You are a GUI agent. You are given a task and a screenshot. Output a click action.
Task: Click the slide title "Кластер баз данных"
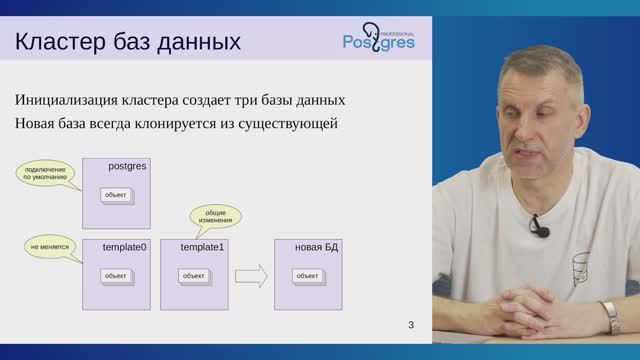pos(127,43)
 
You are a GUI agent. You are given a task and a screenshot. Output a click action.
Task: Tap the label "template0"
pos(126,246)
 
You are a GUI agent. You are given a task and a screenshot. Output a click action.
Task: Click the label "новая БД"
pos(317,246)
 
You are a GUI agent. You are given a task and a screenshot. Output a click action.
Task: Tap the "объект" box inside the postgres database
pos(116,195)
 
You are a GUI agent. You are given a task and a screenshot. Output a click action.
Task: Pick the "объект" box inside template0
pos(116,276)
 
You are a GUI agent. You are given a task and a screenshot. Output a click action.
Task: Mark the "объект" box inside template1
pos(193,276)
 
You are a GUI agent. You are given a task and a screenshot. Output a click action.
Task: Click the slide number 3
pos(411,325)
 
